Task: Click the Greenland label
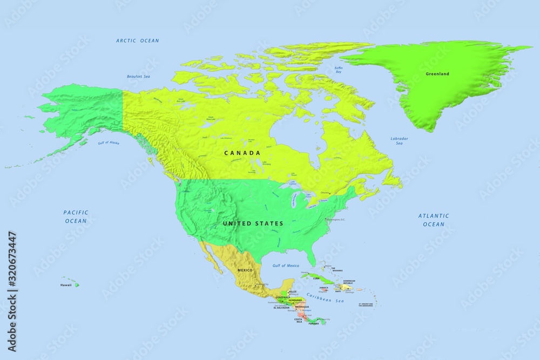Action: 437,73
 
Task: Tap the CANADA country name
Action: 242,153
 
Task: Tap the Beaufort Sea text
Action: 138,77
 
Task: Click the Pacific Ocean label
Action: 76,216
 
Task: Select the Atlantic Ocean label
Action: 434,220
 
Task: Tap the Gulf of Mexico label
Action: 286,266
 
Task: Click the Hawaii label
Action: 66,284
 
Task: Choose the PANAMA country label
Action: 314,323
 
